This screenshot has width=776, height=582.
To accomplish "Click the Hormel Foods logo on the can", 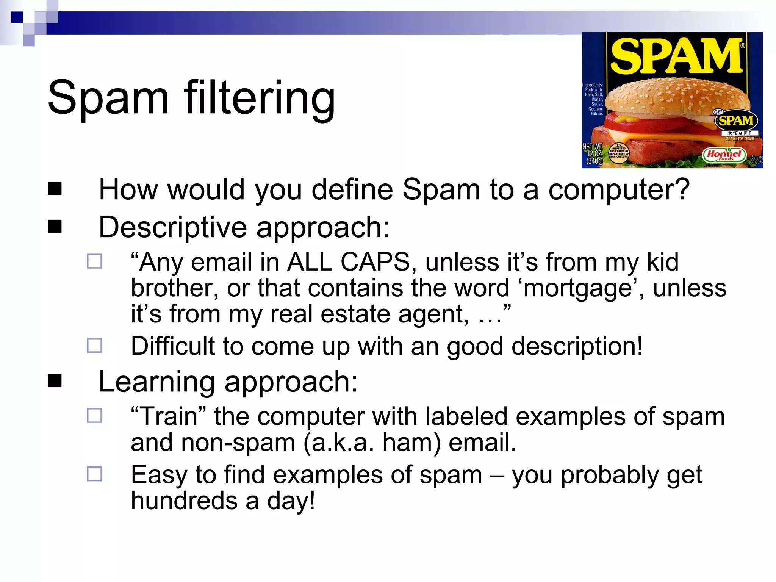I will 724,155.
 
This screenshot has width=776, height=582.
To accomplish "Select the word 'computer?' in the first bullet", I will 619,189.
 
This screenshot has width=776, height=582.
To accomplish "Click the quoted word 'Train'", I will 169,416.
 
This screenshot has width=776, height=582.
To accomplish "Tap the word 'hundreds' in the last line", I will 184,501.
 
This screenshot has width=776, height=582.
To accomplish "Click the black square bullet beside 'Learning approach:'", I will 55,381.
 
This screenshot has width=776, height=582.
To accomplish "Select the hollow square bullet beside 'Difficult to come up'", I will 94,346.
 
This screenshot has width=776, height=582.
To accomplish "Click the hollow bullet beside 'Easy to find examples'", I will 94,474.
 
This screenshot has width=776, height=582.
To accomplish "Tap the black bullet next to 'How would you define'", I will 55,189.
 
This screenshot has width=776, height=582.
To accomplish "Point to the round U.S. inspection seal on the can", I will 619,153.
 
